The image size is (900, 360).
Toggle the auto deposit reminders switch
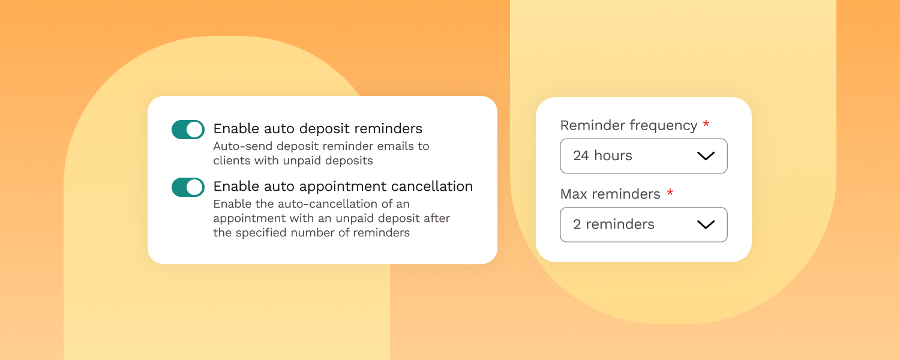(x=188, y=130)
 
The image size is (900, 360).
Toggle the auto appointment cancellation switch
(x=188, y=187)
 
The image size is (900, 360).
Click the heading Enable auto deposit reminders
(x=318, y=128)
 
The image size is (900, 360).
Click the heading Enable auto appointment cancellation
(x=343, y=187)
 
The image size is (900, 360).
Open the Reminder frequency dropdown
(x=644, y=156)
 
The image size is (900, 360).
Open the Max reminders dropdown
(x=644, y=224)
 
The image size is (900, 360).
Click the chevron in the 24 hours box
(x=706, y=156)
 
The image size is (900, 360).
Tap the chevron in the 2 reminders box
(x=706, y=224)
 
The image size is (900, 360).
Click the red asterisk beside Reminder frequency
(x=706, y=124)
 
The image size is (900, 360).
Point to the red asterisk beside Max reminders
(x=670, y=193)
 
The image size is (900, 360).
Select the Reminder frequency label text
(x=629, y=125)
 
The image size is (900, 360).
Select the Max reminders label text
(x=610, y=194)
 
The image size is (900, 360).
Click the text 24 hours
(x=602, y=155)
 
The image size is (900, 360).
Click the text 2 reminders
(x=614, y=224)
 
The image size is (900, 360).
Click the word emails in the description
(x=393, y=146)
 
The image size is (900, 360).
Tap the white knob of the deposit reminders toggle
(x=195, y=130)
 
